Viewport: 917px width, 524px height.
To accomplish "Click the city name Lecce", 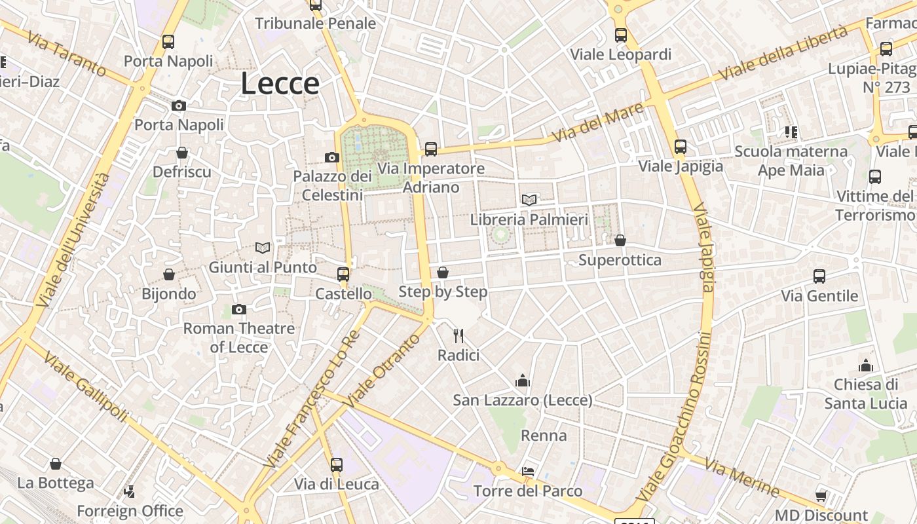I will (280, 84).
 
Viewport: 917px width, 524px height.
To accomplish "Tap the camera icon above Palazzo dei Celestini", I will (332, 157).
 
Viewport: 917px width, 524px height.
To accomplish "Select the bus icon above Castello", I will (343, 274).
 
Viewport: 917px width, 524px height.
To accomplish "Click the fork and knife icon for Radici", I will (458, 336).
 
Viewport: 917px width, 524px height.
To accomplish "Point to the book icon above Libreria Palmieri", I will (529, 200).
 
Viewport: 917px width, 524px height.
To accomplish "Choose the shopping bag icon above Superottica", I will (620, 240).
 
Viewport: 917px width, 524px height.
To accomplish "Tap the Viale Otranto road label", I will (383, 370).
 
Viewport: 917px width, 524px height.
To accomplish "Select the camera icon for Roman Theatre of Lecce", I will (239, 309).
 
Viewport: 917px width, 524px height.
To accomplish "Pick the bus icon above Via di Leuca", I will (337, 465).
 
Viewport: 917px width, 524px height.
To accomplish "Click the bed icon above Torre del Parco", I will (528, 472).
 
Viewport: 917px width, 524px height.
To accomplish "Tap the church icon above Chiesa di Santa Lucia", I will (866, 365).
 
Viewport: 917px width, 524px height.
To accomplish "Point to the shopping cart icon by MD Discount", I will (821, 496).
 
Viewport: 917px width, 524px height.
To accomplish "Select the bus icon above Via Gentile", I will (819, 276).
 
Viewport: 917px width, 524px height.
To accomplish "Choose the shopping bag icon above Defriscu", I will (182, 153).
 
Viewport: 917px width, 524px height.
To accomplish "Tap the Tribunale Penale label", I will (316, 24).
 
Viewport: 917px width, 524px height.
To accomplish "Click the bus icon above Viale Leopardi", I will (621, 35).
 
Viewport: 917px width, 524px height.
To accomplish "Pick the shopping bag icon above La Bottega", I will (56, 464).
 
